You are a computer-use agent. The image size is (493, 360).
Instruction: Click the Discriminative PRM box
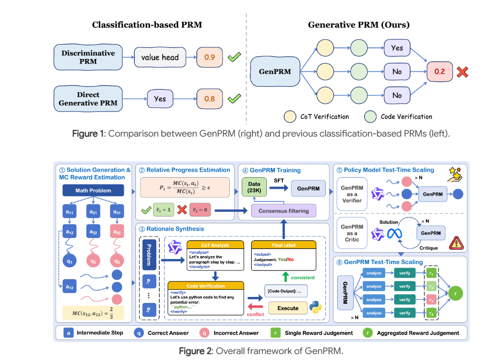coord(88,57)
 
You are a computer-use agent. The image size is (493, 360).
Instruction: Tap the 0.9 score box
coord(209,58)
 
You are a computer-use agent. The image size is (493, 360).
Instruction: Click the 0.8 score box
coord(209,98)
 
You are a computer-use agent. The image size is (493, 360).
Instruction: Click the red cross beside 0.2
coord(463,71)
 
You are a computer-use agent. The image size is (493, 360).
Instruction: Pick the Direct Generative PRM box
coord(88,98)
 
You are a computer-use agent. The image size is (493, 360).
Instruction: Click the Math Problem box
coord(93,191)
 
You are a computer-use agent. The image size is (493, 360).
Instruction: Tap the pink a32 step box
coord(117,232)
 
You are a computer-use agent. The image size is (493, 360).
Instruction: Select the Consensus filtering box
coord(283,211)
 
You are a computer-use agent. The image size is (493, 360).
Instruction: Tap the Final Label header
coord(283,245)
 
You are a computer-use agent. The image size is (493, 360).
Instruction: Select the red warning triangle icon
coord(456,243)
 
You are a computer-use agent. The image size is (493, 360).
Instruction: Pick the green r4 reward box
coord(430,313)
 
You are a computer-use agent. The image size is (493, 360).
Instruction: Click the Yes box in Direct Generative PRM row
coord(160,98)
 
